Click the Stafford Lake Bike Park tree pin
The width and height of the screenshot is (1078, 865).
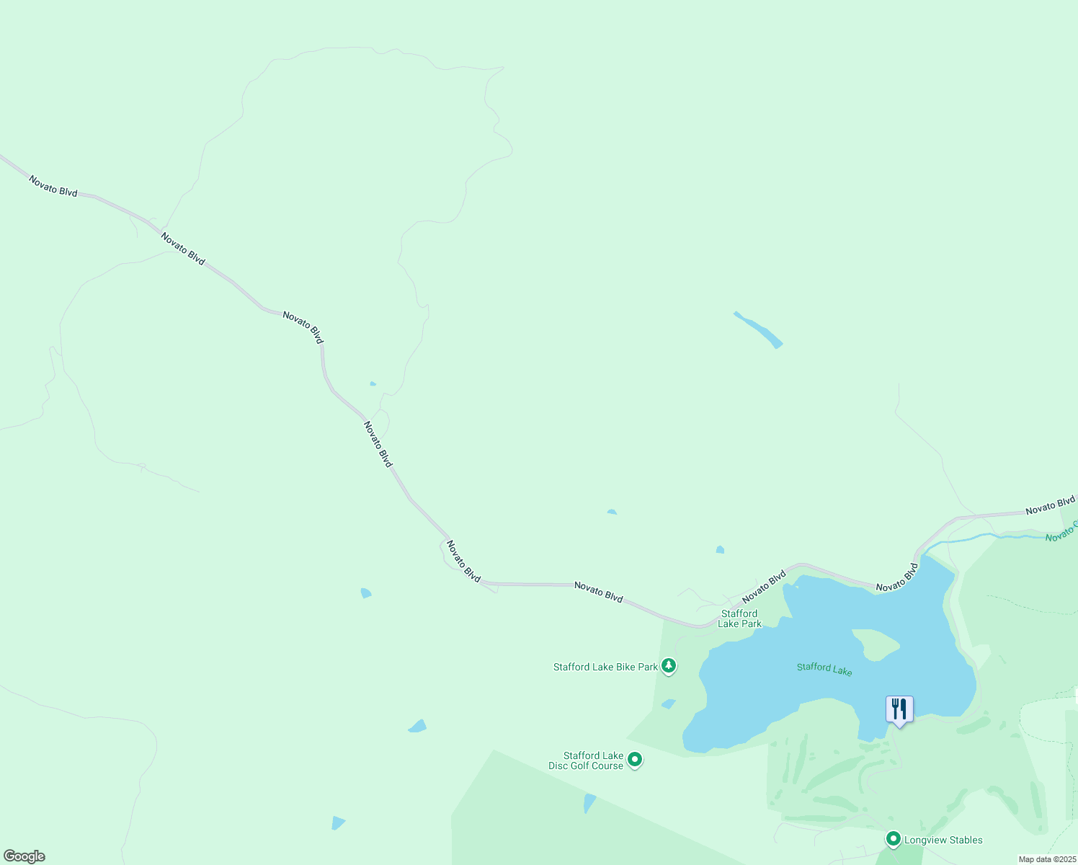coord(669,666)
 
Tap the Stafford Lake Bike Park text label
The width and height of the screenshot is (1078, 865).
coord(605,667)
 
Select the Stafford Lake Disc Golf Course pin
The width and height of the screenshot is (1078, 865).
coord(635,760)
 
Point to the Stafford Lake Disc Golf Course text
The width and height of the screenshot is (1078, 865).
coord(586,760)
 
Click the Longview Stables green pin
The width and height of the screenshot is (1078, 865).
coord(894,839)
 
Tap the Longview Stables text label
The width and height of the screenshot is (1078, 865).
coord(943,840)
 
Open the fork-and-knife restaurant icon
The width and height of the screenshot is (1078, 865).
coord(899,709)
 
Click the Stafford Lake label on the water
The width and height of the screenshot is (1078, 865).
coord(824,669)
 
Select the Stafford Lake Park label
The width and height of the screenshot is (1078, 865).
coord(739,618)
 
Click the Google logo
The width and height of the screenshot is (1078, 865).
coord(24,856)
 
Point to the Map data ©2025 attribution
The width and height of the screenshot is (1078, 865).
coord(1047,859)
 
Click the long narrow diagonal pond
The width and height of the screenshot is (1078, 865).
coord(758,329)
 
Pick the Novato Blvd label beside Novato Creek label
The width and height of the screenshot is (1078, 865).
coord(1051,505)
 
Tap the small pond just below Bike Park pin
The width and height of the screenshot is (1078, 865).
coord(668,704)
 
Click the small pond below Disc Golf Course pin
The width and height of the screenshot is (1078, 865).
coord(589,802)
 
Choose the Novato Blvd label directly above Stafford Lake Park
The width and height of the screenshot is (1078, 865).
coord(764,587)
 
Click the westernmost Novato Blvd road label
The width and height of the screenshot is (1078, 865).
coord(53,185)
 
